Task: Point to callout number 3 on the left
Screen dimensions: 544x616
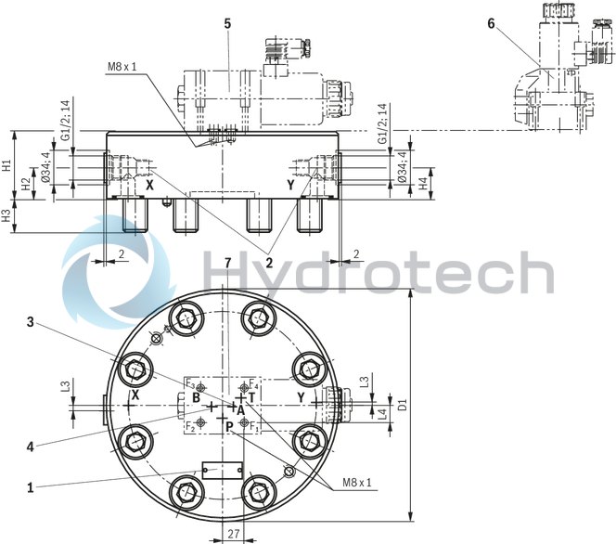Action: tap(31, 322)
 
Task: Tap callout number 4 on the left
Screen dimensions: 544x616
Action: tap(31, 447)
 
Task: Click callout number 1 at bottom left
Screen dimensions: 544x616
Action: tap(31, 486)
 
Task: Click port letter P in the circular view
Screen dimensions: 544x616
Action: tap(229, 425)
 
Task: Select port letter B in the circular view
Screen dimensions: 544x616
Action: tap(196, 397)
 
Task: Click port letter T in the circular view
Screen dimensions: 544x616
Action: tap(250, 396)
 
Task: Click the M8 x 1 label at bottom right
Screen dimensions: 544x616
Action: tap(356, 483)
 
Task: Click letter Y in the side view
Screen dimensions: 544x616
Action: tap(290, 185)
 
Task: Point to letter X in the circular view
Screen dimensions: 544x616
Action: tap(135, 396)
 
